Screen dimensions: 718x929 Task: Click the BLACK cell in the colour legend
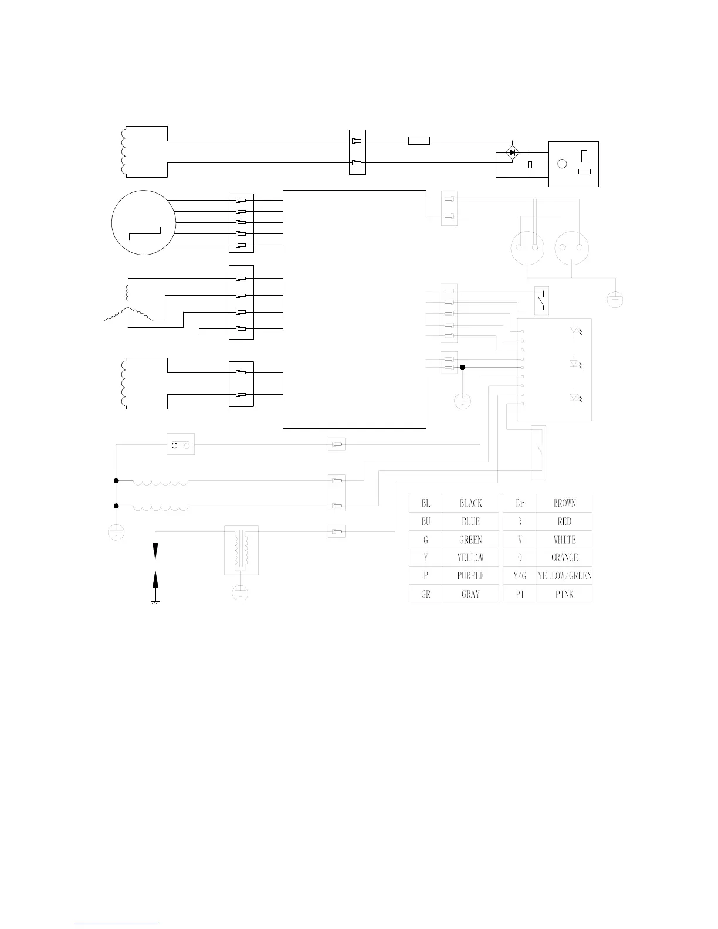[x=470, y=503]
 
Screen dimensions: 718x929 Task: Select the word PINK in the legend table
[x=565, y=594]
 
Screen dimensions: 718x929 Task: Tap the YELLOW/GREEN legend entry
[x=564, y=576]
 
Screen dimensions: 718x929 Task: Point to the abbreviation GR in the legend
[x=426, y=594]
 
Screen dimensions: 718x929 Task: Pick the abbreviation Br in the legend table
[x=520, y=503]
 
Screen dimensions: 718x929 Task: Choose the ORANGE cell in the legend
[x=564, y=558]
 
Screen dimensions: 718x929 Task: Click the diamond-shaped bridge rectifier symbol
[x=512, y=152]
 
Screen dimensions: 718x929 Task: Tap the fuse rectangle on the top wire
[x=419, y=141]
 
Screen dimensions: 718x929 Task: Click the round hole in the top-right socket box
[x=562, y=164]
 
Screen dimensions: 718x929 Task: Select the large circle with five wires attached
[x=144, y=222]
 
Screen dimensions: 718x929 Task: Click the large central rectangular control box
[x=354, y=309]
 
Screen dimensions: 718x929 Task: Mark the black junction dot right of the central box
[x=462, y=368]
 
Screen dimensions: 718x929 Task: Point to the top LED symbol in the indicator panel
[x=576, y=331]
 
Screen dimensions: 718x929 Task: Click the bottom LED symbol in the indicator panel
[x=576, y=399]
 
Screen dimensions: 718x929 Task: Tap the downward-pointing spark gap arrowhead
[x=155, y=551]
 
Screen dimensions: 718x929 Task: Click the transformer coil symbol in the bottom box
[x=241, y=550]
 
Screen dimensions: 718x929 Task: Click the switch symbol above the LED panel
[x=541, y=301]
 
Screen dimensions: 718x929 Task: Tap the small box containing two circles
[x=181, y=445]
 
